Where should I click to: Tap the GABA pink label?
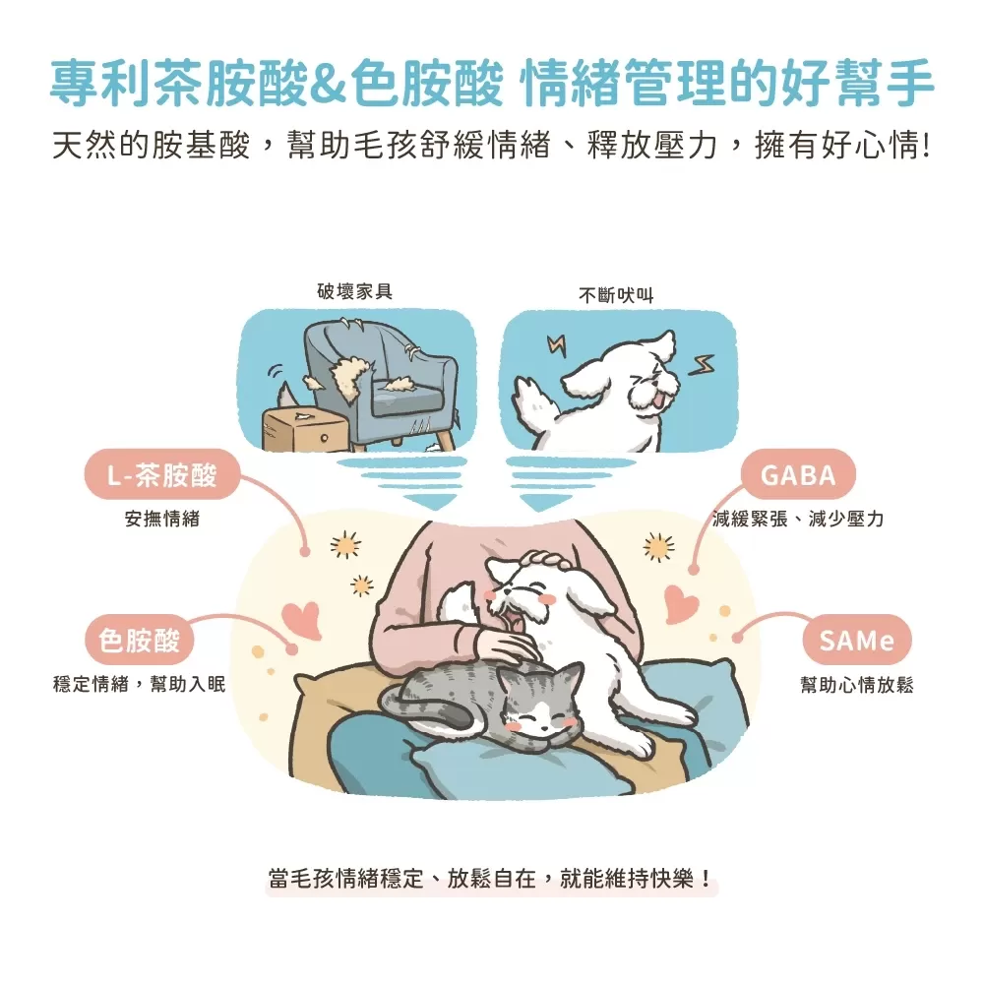(798, 475)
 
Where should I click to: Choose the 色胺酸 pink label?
(140, 642)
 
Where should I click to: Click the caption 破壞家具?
(354, 292)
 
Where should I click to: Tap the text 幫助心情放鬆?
(856, 685)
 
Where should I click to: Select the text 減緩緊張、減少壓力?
(797, 519)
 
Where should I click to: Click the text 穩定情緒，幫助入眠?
(139, 685)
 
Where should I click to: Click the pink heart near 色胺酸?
(301, 619)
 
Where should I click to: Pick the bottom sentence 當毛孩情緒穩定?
(491, 878)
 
